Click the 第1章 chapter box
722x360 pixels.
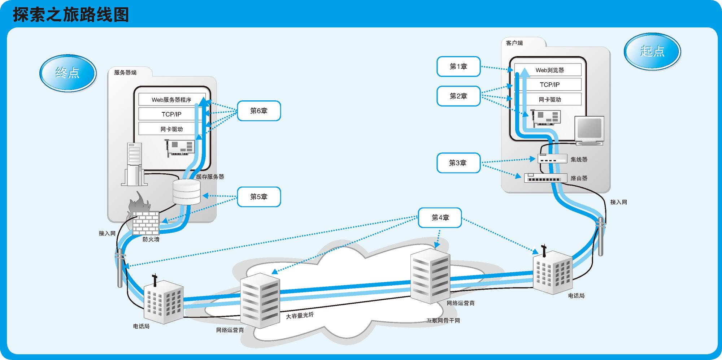pos(458,66)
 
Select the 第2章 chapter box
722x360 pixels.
pos(458,96)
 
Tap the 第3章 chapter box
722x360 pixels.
pos(458,163)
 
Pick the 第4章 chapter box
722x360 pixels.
pos(440,217)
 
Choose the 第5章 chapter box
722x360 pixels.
pos(258,197)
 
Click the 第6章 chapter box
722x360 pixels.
pos(258,111)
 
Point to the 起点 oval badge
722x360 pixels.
pos(652,51)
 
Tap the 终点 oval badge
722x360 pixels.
pos(68,73)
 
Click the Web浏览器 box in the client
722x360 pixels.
pos(549,70)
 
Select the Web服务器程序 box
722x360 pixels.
pos(171,100)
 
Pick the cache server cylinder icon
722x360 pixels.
pos(186,192)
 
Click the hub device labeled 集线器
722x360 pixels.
pos(553,159)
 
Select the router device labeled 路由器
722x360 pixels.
pos(545,178)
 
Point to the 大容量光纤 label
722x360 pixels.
pos(300,315)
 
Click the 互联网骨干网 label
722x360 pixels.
pos(443,321)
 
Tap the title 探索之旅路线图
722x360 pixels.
pos(71,15)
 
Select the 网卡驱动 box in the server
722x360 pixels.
pos(171,129)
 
